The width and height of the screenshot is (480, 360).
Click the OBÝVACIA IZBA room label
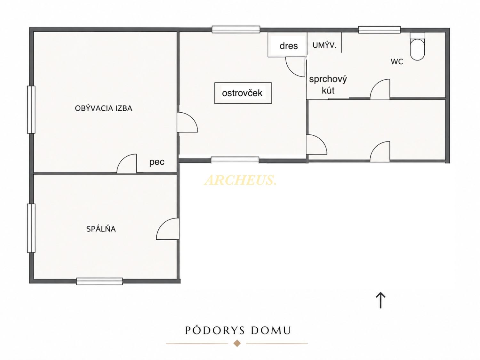click(103, 108)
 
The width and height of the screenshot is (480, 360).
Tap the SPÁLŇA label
click(101, 228)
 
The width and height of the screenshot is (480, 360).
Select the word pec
click(156, 162)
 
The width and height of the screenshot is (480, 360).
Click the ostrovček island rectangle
click(243, 93)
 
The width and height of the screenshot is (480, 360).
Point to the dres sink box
click(287, 44)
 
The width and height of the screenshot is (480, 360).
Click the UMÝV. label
click(324, 45)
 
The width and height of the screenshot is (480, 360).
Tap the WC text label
click(397, 62)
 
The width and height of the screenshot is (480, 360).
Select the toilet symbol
click(417, 46)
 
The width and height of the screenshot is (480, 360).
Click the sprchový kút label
click(328, 84)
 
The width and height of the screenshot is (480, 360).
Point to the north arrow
click(380, 300)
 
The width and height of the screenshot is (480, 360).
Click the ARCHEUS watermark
click(241, 180)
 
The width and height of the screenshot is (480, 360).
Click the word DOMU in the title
click(271, 331)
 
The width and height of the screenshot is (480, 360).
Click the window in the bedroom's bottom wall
click(100, 281)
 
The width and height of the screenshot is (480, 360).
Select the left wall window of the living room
click(31, 110)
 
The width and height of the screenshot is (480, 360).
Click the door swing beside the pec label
click(127, 164)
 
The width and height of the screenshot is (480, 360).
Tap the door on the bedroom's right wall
click(168, 229)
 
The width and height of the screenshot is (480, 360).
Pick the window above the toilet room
click(379, 30)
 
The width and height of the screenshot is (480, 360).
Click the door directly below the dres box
click(295, 67)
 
